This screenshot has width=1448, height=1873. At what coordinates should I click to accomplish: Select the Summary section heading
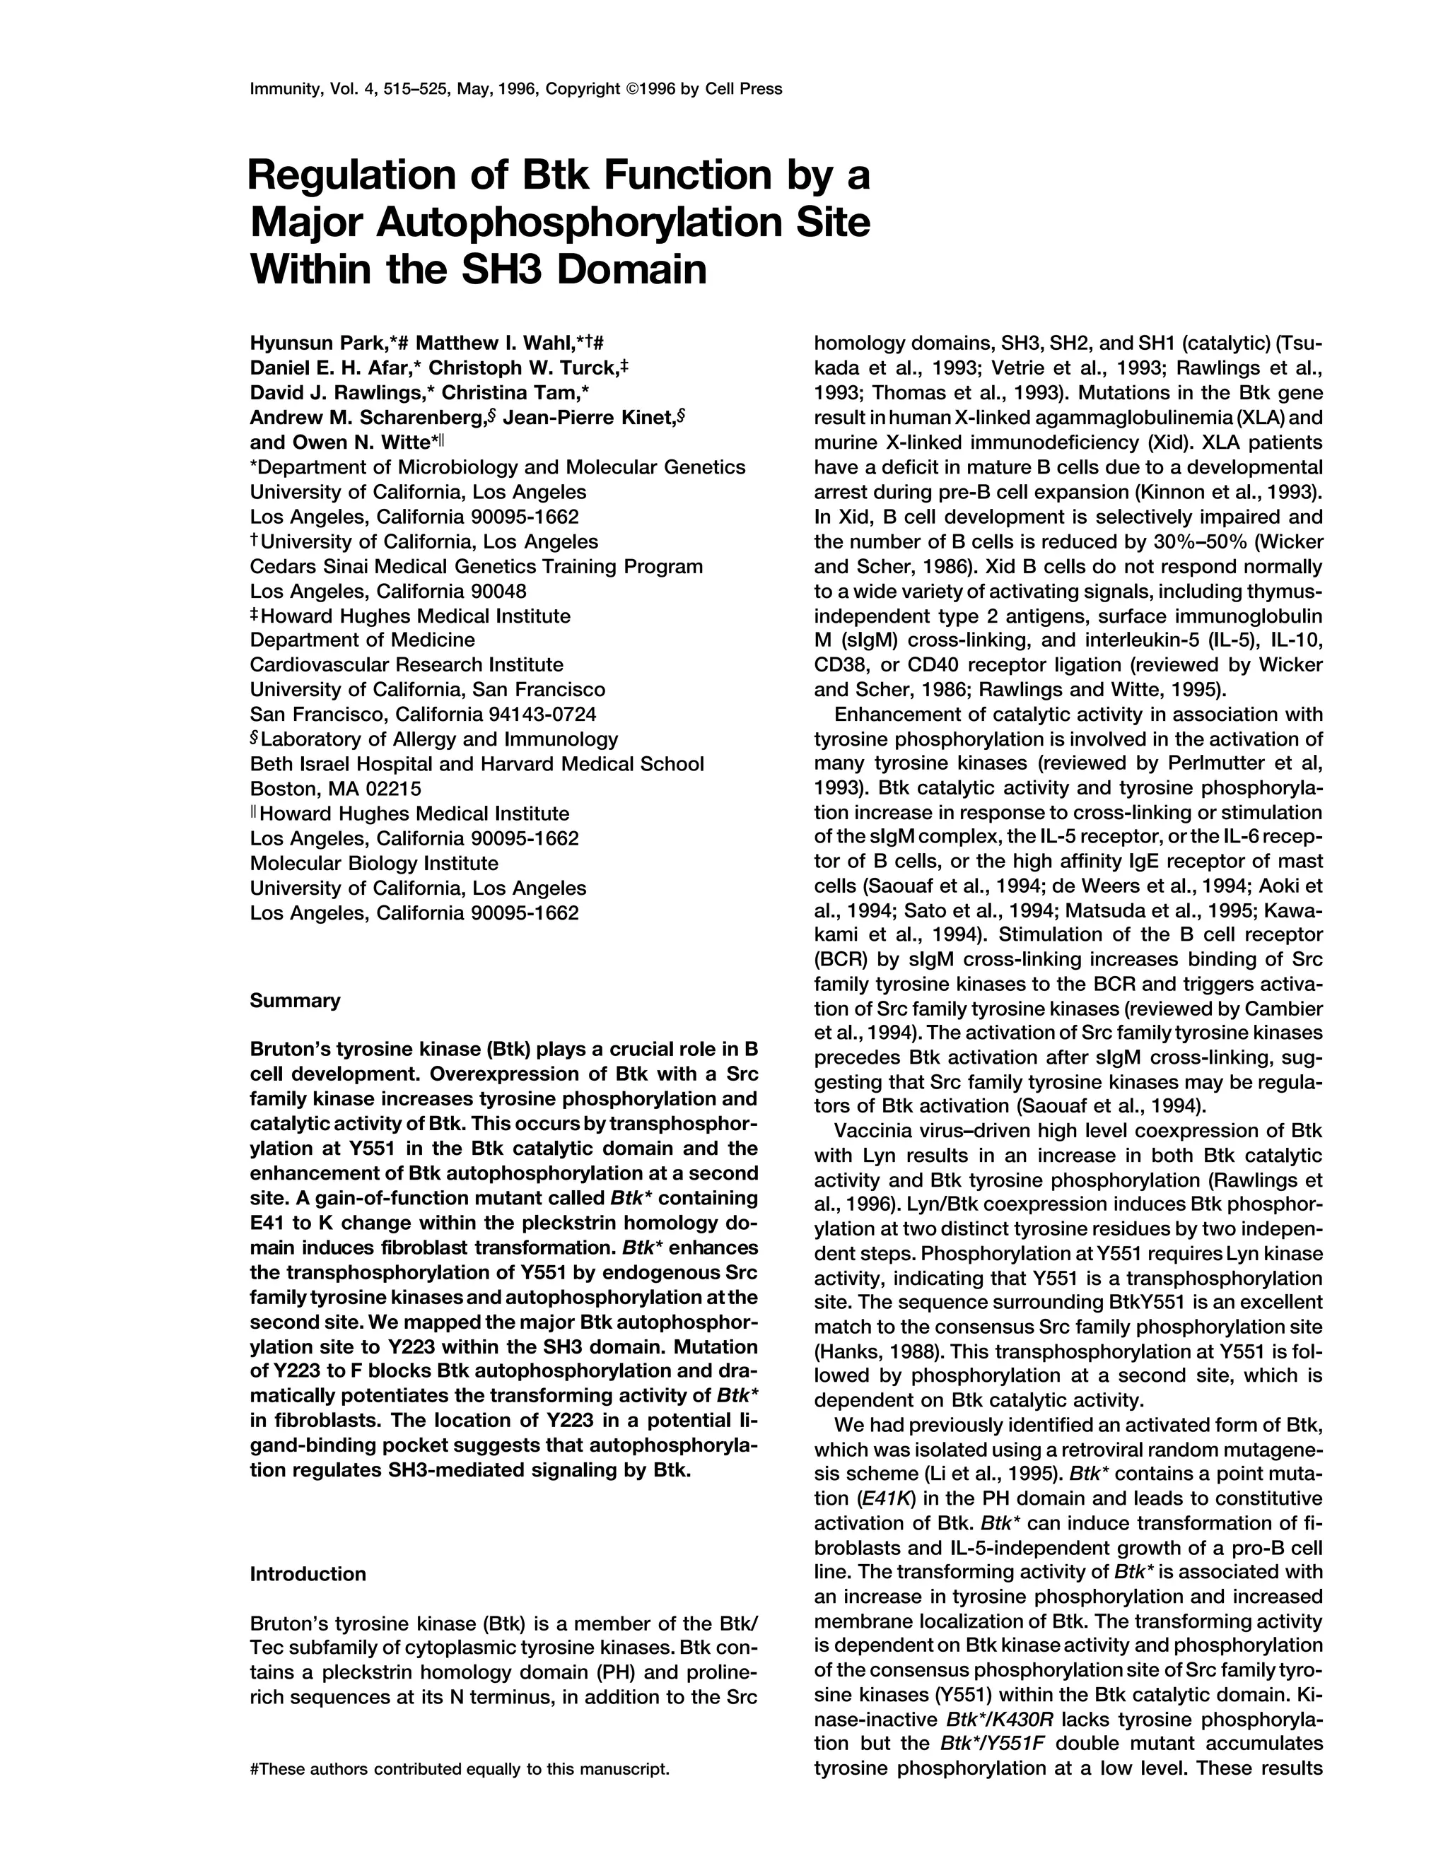point(294,1000)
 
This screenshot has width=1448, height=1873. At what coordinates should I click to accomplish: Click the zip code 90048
point(498,592)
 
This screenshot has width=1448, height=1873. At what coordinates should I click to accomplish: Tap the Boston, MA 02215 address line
point(335,789)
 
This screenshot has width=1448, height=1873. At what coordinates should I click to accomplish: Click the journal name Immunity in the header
point(282,89)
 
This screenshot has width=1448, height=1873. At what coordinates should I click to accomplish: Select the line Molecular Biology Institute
point(373,863)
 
